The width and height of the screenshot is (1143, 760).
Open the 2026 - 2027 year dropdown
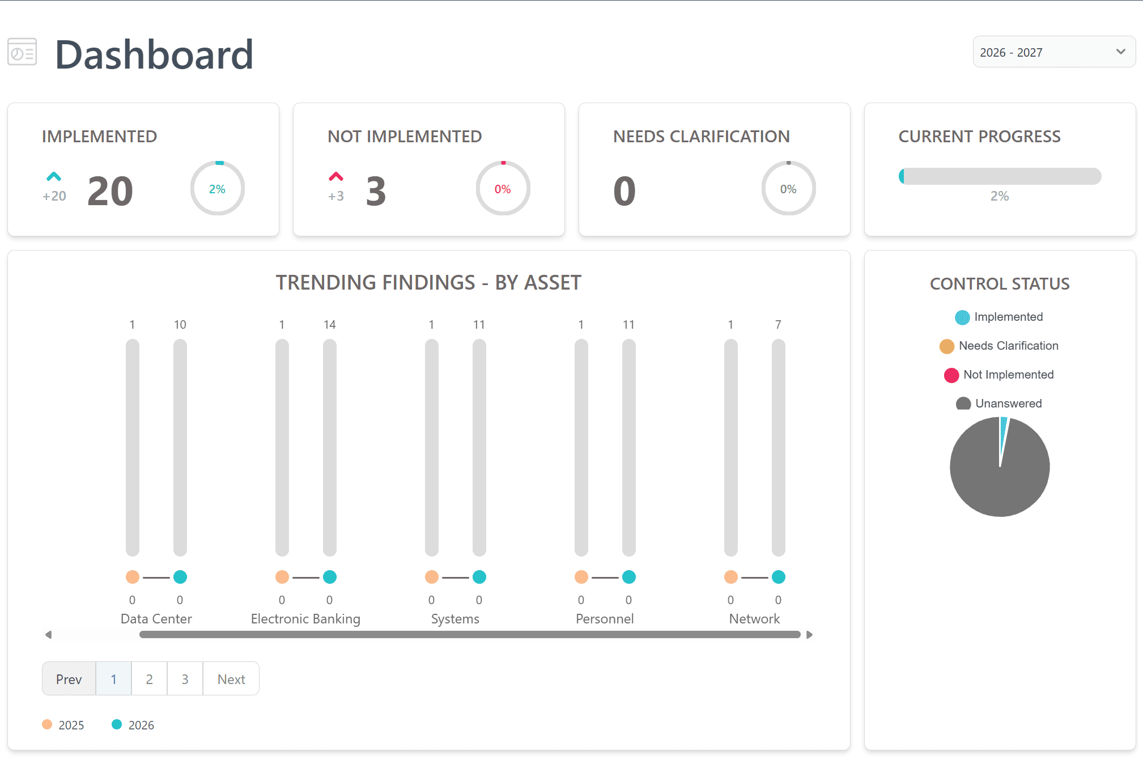(1053, 52)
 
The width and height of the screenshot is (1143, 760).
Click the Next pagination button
(231, 679)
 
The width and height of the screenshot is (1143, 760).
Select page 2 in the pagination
(149, 679)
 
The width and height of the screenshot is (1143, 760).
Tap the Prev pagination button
(69, 679)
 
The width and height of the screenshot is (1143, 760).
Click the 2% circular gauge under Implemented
(218, 189)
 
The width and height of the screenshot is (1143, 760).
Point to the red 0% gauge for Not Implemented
(503, 189)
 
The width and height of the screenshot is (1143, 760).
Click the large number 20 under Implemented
(111, 191)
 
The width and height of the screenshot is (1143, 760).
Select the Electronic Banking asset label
(305, 619)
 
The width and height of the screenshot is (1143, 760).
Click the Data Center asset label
(156, 619)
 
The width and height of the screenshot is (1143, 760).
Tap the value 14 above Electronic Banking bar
(330, 325)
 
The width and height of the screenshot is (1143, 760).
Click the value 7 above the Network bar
(778, 325)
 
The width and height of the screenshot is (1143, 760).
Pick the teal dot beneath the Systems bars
(479, 577)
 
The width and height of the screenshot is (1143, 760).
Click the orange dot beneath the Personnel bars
(581, 577)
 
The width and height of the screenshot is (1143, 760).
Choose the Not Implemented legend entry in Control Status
(1000, 375)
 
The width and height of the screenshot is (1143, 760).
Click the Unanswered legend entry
(1000, 404)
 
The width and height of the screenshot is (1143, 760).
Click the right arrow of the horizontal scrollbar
(809, 635)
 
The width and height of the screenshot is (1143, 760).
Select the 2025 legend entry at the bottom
(63, 725)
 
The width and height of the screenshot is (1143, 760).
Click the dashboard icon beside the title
(22, 52)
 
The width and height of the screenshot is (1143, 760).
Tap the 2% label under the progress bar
(1000, 196)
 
